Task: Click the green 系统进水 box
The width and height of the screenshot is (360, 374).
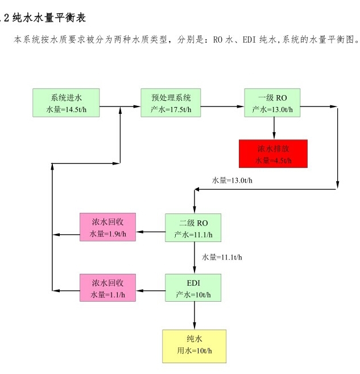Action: tap(66, 103)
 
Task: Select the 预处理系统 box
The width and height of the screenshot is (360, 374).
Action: tap(171, 103)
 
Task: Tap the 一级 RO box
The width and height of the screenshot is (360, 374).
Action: tap(272, 103)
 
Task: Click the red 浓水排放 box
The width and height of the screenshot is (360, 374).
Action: tap(274, 154)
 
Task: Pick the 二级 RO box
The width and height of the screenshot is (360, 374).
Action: tap(193, 228)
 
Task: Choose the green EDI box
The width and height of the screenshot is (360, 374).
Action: tap(193, 287)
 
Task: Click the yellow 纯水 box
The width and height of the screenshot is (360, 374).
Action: tap(194, 346)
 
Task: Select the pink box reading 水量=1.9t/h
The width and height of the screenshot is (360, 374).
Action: tap(107, 227)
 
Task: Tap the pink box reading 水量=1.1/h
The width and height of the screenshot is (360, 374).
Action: tap(107, 287)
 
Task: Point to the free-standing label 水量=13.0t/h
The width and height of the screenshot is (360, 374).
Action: tap(232, 180)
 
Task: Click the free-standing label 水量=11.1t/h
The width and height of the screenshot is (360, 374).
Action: tap(222, 257)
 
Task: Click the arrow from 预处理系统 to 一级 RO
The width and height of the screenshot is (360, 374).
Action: tap(222, 106)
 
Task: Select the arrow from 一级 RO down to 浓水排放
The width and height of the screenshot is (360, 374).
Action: tap(274, 128)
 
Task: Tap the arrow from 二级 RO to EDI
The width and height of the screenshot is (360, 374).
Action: tap(195, 258)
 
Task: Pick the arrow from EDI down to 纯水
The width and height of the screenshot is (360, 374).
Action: tap(195, 315)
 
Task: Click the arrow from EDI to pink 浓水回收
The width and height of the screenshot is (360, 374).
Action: tap(151, 291)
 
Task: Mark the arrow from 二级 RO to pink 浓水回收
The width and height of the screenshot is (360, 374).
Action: tap(151, 232)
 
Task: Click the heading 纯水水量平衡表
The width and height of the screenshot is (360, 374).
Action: tap(49, 18)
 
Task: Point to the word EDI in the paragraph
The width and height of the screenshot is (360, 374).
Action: tap(249, 40)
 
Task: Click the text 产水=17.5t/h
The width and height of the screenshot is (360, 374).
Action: tap(171, 109)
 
